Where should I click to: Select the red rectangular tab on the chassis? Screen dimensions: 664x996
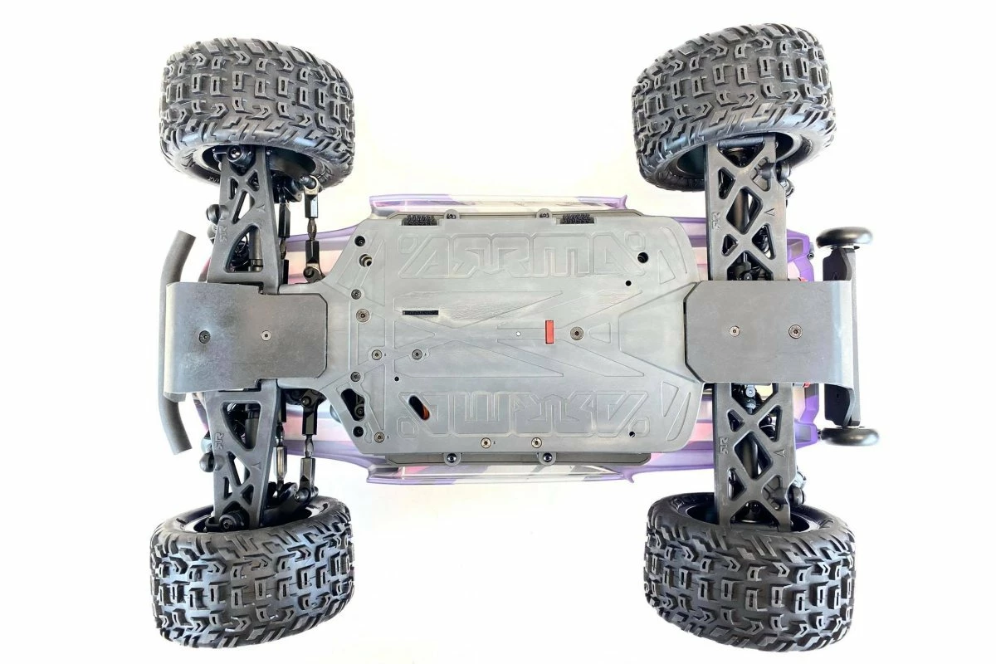[x=548, y=330]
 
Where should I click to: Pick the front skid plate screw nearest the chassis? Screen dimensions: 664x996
[x=265, y=335]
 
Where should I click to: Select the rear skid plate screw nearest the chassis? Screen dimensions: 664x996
[x=733, y=330]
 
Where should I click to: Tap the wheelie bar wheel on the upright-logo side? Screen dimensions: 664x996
[x=844, y=238]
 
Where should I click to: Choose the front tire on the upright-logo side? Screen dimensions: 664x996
[x=257, y=112]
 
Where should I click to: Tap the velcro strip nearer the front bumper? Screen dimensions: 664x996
[x=420, y=220]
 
